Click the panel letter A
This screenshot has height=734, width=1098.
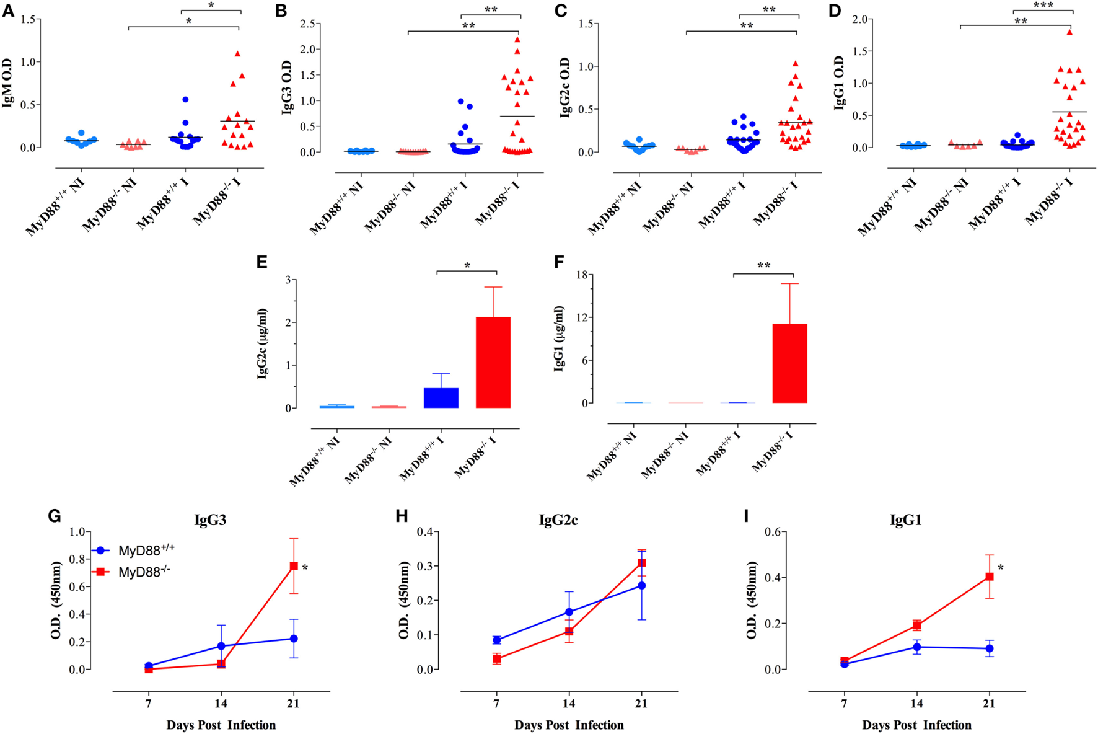point(8,11)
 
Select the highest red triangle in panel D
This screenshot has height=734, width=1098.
point(1069,32)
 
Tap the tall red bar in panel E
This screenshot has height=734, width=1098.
point(493,362)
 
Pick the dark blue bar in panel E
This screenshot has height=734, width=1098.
point(441,398)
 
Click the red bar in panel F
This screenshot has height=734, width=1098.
point(790,363)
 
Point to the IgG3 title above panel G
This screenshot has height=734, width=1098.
point(210,520)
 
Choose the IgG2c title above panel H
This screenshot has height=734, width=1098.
point(558,520)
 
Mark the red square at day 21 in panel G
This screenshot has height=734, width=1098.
point(294,566)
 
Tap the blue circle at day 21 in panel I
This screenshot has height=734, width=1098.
point(990,648)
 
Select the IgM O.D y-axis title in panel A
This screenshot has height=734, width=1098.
point(8,83)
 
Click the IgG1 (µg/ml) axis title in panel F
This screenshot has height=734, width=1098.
point(560,338)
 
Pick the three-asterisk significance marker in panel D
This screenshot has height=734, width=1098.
point(1043,6)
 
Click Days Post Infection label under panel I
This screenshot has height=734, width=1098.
point(916,725)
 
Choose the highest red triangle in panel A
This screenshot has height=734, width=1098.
point(237,54)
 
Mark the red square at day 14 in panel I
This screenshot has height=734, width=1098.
point(916,626)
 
